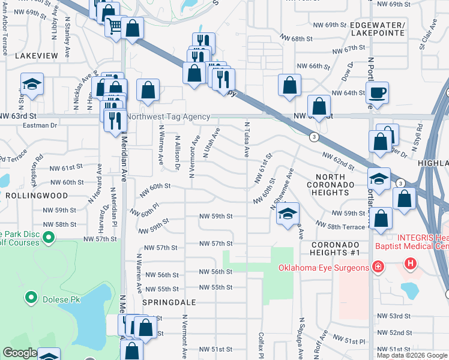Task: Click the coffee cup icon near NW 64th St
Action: (377, 92)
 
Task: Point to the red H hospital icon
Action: (411, 263)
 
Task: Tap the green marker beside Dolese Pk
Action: (30, 298)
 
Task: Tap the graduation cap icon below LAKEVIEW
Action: (32, 84)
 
